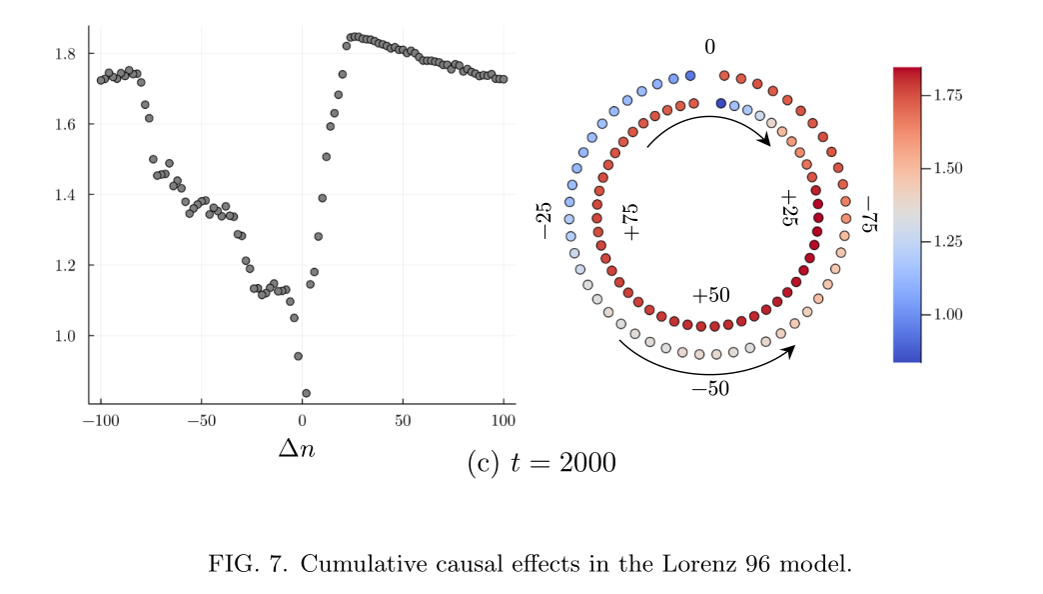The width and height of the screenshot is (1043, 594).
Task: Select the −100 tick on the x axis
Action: pos(100,418)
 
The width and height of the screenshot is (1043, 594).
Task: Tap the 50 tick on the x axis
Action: pos(403,418)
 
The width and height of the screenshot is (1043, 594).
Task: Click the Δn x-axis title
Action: pos(296,449)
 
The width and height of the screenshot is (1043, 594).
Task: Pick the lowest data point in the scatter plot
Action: pos(306,393)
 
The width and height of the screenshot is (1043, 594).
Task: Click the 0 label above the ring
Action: pos(709,47)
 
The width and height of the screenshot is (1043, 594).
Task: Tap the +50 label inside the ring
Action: pos(710,296)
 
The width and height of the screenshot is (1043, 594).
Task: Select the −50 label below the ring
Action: pos(710,389)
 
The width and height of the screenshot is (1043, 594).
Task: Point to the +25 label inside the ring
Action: pos(789,208)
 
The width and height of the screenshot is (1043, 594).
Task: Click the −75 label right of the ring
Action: pos(868,216)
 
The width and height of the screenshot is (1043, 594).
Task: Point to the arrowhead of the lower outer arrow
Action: pos(791,349)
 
